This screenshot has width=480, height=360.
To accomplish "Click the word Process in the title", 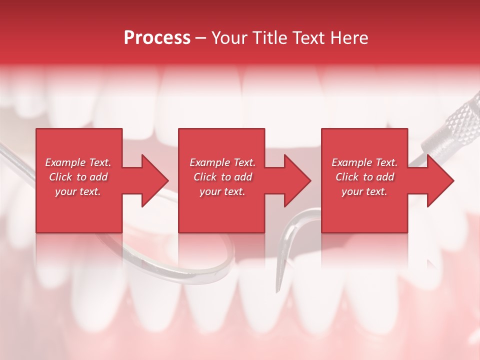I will click(157, 37).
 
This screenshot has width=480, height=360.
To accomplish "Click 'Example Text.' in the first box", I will click(78, 162).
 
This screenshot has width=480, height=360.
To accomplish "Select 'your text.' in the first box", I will click(78, 191).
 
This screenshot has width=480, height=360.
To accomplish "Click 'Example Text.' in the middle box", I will click(222, 162).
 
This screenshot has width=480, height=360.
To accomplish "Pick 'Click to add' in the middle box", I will click(222, 177).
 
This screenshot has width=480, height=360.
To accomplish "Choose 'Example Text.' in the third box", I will click(364, 162).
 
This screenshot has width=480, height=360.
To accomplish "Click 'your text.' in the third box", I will click(364, 191).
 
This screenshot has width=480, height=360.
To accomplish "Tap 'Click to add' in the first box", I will click(78, 177).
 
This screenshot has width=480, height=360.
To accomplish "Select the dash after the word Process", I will click(201, 38).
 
